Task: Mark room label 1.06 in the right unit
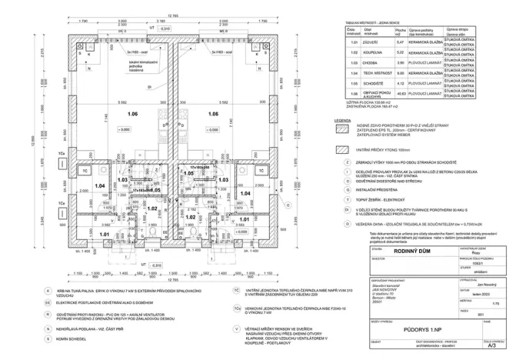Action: tap(217, 114)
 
